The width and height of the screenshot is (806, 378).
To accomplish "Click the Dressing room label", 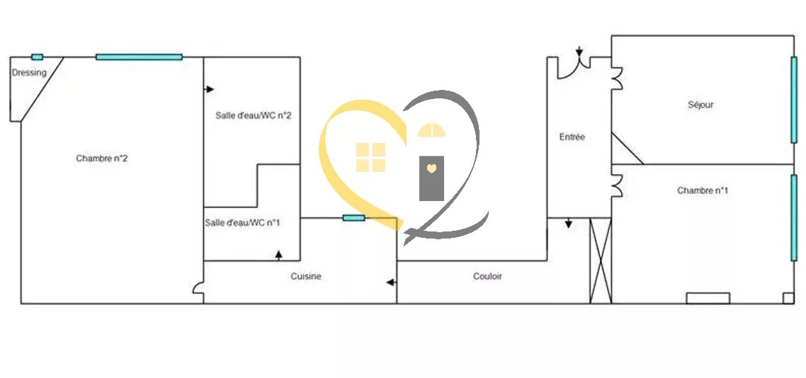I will click(29, 73).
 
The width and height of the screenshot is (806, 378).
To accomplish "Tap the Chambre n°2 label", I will click(102, 159).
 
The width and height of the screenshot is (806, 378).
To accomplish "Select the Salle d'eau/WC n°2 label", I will click(253, 115).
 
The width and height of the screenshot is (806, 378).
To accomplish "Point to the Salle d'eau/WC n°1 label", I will click(242, 223).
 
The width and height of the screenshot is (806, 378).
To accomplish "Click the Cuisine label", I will click(306, 277).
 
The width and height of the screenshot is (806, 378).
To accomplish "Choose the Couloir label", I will click(487, 277).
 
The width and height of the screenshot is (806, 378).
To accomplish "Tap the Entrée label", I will click(572, 137).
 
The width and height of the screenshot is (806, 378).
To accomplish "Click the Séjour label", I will click(700, 105).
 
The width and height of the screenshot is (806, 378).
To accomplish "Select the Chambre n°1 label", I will click(703, 190).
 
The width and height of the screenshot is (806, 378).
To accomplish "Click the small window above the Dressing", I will click(37, 57).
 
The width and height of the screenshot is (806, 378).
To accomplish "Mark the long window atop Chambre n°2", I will click(139, 57).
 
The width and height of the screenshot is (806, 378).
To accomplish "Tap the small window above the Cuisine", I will click(353, 217).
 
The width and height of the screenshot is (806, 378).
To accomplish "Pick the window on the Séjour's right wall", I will click(793, 99).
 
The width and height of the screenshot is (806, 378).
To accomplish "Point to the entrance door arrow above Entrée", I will click(579, 52).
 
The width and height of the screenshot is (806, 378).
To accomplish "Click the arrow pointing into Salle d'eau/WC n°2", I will click(210, 89).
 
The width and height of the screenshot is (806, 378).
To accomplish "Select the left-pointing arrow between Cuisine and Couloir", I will click(390, 283).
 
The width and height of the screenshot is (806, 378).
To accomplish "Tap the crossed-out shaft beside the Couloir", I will click(601, 260).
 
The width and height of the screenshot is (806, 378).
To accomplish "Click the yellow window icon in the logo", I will click(370, 157).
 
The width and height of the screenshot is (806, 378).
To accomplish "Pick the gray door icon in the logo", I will click(431, 177).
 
